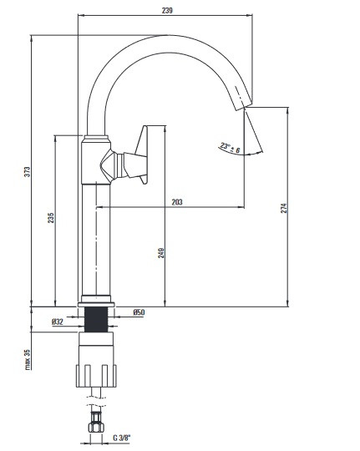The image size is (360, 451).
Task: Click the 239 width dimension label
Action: (167, 11)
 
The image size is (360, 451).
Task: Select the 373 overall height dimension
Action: (27, 172)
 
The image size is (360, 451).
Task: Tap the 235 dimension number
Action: (51, 218)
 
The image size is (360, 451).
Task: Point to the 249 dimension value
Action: (161, 252)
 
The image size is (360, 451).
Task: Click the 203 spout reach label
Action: (177, 202)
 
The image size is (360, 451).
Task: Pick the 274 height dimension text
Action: (284, 208)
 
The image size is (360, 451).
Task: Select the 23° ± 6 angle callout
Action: (230, 148)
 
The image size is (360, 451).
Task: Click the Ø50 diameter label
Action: (139, 312)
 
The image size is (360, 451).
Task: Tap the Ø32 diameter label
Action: (58, 322)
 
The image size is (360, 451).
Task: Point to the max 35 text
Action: (27, 359)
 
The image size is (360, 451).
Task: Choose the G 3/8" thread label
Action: (121, 438)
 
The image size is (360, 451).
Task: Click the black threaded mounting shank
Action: (96, 320)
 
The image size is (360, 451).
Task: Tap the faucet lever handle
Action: (135, 155)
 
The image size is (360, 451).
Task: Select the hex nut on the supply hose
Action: (96, 426)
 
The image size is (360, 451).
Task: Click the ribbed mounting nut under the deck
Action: (96, 376)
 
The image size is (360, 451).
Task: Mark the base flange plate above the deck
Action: (96, 304)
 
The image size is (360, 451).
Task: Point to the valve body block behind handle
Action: (96, 161)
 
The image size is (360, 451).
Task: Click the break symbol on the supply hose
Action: (96, 402)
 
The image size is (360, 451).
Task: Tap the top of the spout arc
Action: (167, 36)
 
